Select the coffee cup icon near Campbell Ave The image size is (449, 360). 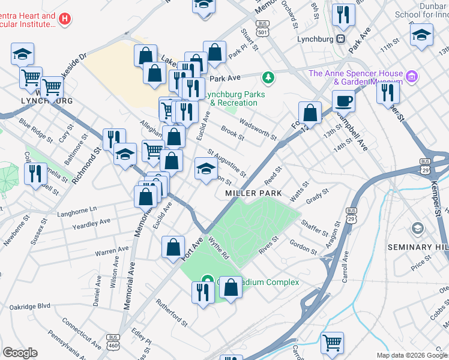coord(344,100)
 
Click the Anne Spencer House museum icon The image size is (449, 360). coord(411,76)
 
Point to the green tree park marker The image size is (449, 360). coord(268,77)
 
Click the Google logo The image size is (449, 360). coord(20,353)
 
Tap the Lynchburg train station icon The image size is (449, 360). coord(340,39)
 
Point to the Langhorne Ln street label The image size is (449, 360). coord(76,209)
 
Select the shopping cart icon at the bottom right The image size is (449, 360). coord(332,343)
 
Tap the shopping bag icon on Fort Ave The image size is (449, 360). coord(173,246)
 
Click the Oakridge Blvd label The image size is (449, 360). coord(30,306)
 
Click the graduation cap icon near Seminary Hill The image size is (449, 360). coord(417,229)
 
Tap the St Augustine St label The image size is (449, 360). coord(227,163)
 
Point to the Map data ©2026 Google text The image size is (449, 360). coord(411,355)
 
